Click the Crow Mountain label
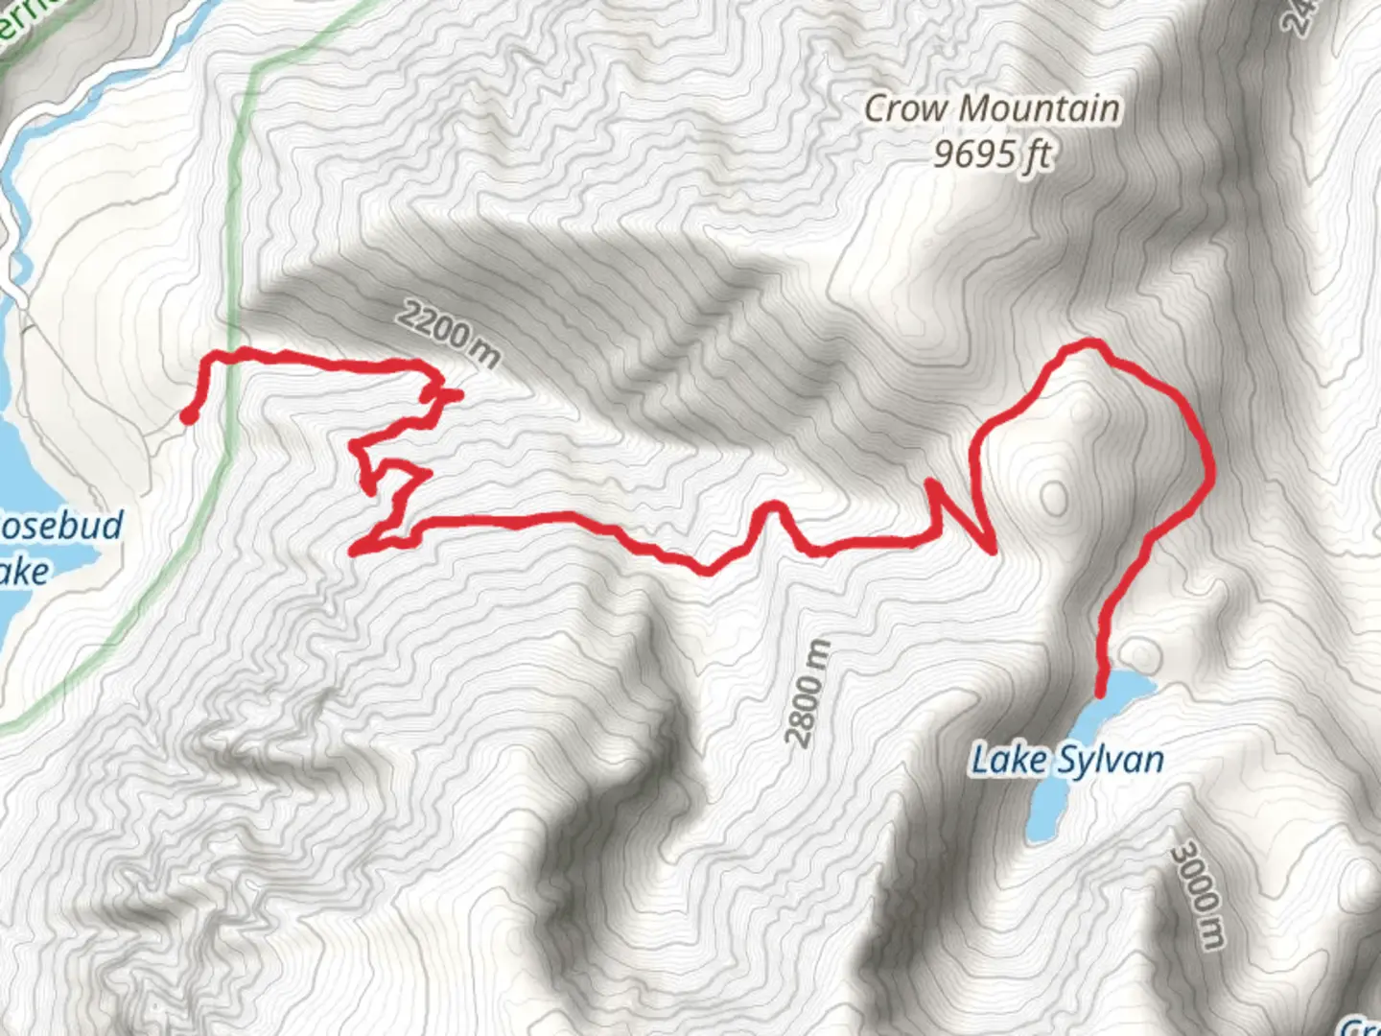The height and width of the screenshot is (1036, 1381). click(992, 108)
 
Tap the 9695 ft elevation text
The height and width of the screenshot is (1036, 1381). click(992, 153)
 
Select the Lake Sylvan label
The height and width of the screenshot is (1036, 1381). click(1067, 761)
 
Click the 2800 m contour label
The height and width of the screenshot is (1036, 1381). click(806, 694)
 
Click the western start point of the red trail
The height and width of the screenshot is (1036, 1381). click(189, 415)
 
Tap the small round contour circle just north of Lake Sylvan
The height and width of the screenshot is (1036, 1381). click(1141, 654)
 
